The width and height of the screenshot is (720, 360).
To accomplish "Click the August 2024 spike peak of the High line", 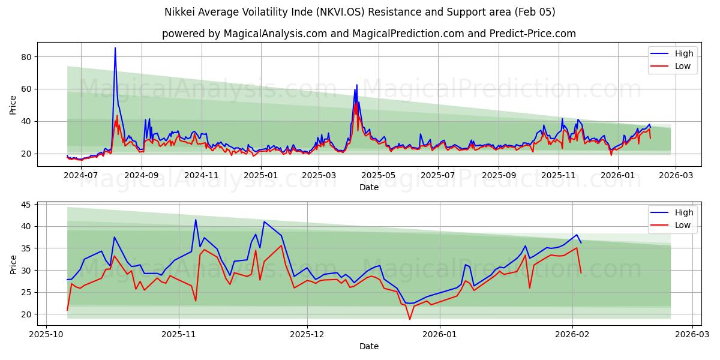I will coord(115,48).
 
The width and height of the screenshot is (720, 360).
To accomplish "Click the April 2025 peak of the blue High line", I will coord(356,85).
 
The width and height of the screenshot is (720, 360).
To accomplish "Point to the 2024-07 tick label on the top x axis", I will coord(80,175).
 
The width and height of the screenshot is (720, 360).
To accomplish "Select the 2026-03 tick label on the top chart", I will coord(676,175).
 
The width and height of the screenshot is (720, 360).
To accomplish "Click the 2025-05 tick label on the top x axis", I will coord(378,175).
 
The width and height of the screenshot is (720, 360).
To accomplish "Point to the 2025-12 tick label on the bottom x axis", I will coord(307,335).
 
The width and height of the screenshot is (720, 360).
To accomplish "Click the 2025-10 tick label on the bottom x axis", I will coord(46,335).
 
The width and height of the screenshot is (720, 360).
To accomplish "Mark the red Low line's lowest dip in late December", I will coord(410,319).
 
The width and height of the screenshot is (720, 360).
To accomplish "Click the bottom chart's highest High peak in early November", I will coord(196,220).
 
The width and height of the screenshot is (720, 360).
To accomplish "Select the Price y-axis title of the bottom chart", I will coord(13,264).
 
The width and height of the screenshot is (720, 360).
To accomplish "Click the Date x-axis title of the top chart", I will coord(368,187).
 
